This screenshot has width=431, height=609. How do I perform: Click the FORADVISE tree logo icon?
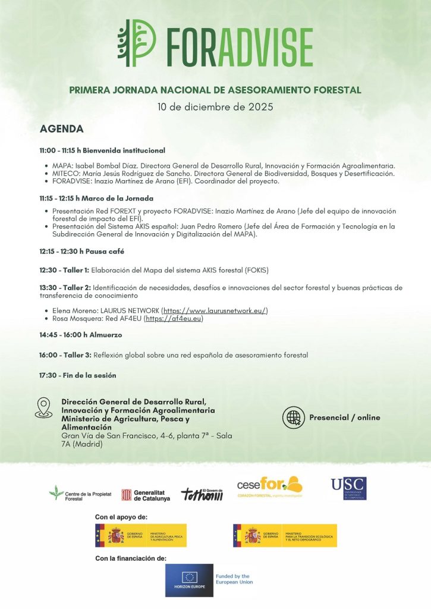point(137,43)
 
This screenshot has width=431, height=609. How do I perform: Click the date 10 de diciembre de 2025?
point(215,107)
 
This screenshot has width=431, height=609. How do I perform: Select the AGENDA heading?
point(62,129)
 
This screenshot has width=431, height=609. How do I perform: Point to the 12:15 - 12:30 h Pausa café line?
point(82,252)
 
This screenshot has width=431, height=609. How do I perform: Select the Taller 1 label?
point(77,270)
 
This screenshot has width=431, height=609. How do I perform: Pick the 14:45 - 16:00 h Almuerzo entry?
point(81,335)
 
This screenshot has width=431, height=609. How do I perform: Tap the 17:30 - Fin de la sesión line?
point(78,375)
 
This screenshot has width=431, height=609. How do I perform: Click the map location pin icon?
point(44,407)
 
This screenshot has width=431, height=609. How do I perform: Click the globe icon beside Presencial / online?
point(293,417)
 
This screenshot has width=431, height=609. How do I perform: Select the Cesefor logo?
point(269,486)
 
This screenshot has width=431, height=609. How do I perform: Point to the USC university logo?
point(348,488)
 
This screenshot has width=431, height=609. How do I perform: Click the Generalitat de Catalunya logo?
point(146,495)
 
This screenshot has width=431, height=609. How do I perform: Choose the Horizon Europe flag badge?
point(189,580)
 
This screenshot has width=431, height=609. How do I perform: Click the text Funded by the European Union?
point(234,579)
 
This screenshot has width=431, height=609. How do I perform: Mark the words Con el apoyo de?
point(121,517)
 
